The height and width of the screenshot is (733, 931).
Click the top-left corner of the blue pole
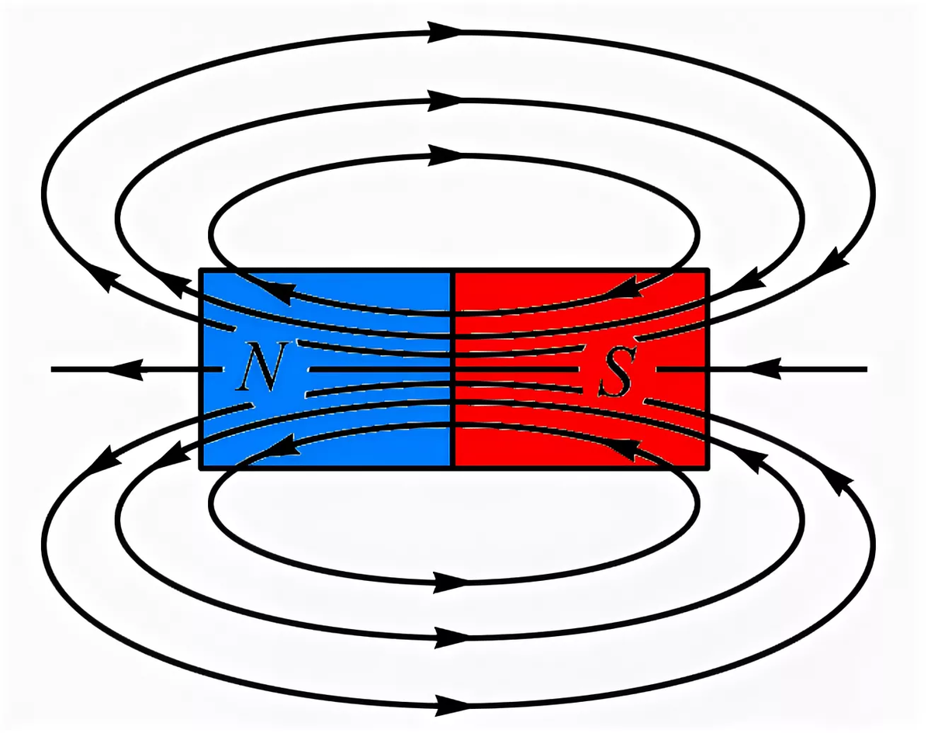point(202,271)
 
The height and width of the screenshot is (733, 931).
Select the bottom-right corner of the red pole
point(708,468)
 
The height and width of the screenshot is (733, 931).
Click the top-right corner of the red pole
point(708,271)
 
